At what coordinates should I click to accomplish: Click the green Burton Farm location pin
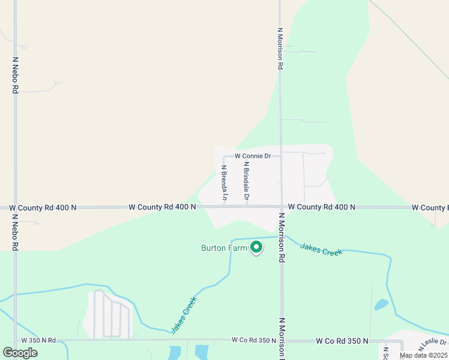pos(256,247)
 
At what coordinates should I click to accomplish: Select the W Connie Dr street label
pos(253,156)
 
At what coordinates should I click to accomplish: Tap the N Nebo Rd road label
pos(15,75)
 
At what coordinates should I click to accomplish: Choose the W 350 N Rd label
pos(38,340)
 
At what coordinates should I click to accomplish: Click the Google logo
pos(20,353)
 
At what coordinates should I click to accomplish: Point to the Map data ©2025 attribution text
pos(424,355)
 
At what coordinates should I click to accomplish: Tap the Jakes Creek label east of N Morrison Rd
pos(321,249)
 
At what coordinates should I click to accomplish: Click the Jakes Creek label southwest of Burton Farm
pos(184,318)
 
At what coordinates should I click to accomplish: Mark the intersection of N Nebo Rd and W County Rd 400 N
pos(15,208)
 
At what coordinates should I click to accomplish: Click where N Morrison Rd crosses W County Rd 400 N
pos(280,207)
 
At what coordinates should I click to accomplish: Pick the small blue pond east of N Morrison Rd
pos(381,305)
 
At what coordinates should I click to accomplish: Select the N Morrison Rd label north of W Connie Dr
pos(280,48)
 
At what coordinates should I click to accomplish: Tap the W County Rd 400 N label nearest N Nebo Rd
pos(43,208)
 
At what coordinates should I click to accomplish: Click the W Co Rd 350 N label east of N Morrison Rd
pos(342,341)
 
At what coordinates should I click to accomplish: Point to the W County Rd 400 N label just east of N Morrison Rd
pos(322,207)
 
